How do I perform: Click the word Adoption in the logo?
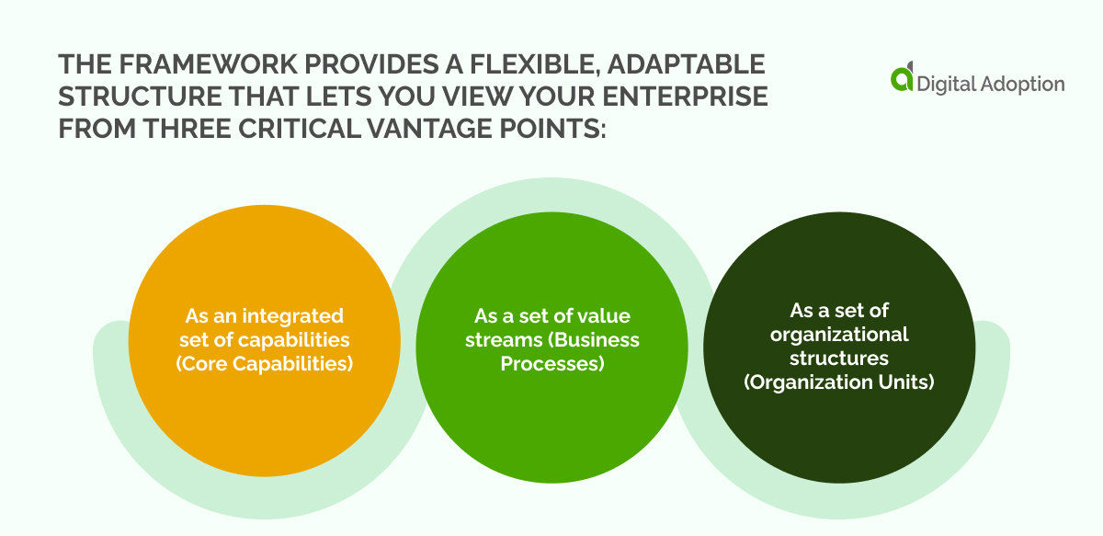coord(1026,84)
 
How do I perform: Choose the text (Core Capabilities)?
coord(264,362)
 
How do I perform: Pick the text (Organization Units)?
coord(838,380)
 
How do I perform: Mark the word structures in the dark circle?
coord(839,357)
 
